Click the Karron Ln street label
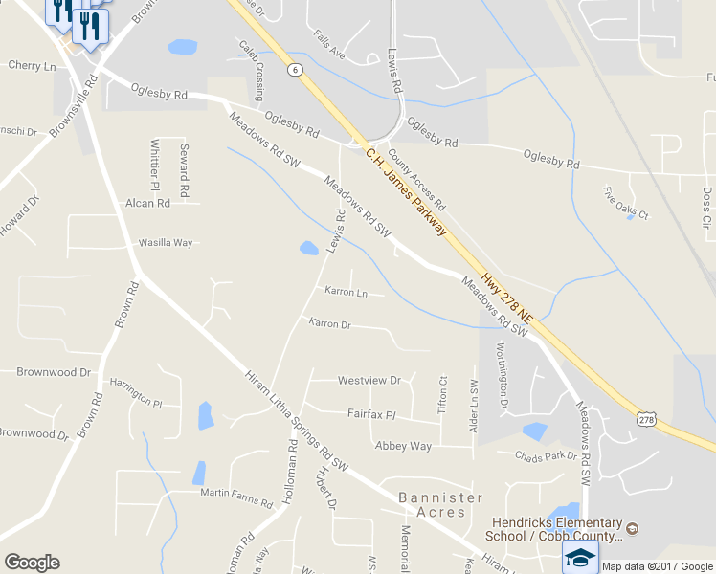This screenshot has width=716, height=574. tap(346, 291)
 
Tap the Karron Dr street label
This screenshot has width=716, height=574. tap(330, 324)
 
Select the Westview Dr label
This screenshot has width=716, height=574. tap(369, 380)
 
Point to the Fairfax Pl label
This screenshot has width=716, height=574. tap(370, 415)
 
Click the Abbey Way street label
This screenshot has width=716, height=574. tap(403, 446)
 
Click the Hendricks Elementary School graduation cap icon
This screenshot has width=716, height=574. tap(580, 557)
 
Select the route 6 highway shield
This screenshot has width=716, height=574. tap(295, 69)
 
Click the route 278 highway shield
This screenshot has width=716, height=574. tap(648, 418)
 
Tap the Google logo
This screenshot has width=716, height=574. tap(32, 562)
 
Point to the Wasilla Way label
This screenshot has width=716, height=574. tap(166, 243)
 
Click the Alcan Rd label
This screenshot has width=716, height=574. tap(147, 204)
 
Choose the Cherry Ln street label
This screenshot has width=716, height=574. tap(32, 66)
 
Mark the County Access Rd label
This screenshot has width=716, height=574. tap(418, 186)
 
